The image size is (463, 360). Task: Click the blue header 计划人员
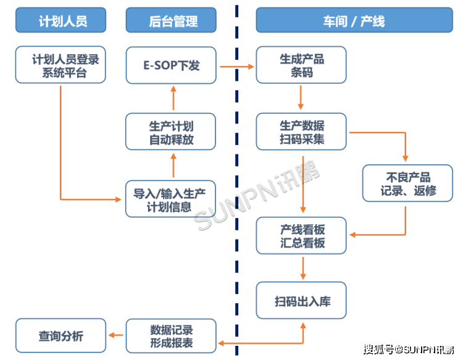click(60, 20)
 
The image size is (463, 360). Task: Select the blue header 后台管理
click(171, 20)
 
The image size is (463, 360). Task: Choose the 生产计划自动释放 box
click(171, 132)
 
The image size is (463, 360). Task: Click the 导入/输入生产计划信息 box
click(171, 199)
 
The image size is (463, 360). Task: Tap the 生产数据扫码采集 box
click(301, 132)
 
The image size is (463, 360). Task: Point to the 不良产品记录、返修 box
click(407, 183)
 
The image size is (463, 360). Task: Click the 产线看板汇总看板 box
click(302, 235)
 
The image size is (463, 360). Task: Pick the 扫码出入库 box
click(302, 301)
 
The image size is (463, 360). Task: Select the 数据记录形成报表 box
click(171, 336)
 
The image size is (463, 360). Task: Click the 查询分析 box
click(60, 336)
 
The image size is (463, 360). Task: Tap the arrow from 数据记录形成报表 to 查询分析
click(116, 336)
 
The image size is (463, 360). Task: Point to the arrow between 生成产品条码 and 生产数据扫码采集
click(301, 97)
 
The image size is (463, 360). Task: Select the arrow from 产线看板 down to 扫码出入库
click(302, 267)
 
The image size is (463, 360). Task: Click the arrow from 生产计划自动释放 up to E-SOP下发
click(173, 98)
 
